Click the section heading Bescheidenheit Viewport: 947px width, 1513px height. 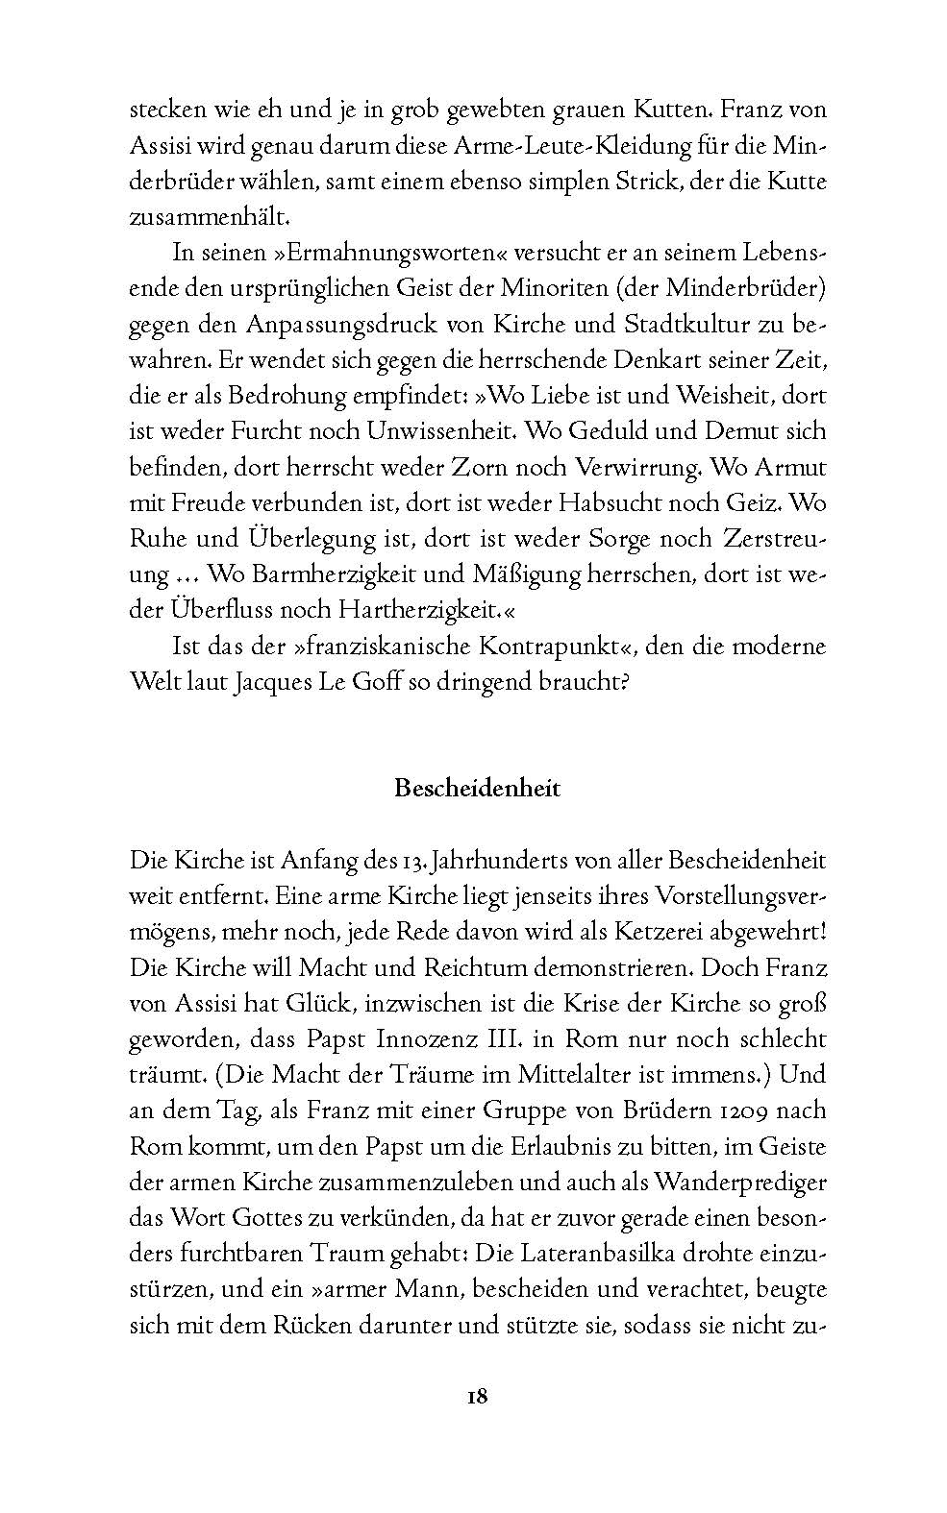pos(478,789)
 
